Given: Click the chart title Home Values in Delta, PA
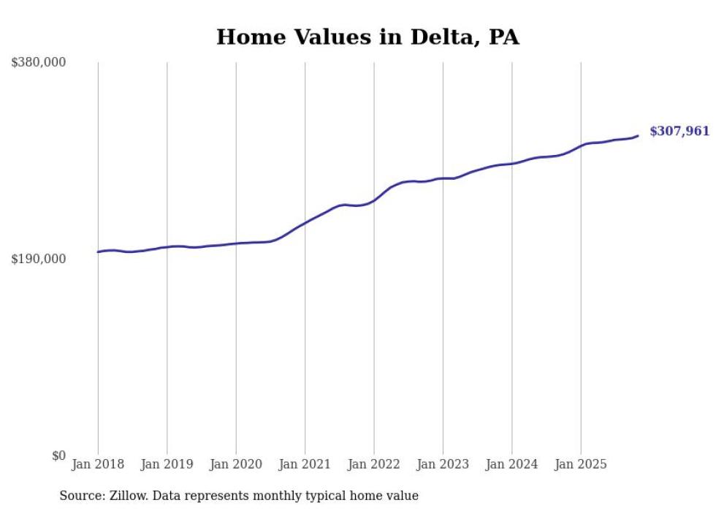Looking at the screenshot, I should [x=367, y=37].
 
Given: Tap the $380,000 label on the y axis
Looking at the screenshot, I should [x=39, y=63].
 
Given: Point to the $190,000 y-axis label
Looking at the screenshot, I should [x=39, y=260].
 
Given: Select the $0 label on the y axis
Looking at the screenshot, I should [x=58, y=456].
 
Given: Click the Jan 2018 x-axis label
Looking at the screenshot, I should [x=98, y=464].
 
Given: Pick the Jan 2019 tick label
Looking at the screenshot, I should [x=167, y=464].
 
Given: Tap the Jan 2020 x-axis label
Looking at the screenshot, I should [x=235, y=464].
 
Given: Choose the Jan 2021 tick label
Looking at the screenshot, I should [x=305, y=464].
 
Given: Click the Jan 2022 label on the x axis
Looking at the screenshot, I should [x=373, y=464].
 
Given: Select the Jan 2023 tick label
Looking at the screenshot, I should [x=443, y=464].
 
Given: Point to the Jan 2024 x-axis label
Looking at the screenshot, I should [x=511, y=464].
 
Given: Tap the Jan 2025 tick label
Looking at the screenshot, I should [x=580, y=464].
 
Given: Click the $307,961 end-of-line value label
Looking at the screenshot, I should [x=679, y=132].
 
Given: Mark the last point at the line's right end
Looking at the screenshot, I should [x=638, y=135].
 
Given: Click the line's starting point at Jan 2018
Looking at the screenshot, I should [x=98, y=252].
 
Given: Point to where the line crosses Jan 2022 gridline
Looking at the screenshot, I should [x=373, y=200].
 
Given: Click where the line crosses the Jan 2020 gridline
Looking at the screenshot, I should [x=235, y=243].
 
